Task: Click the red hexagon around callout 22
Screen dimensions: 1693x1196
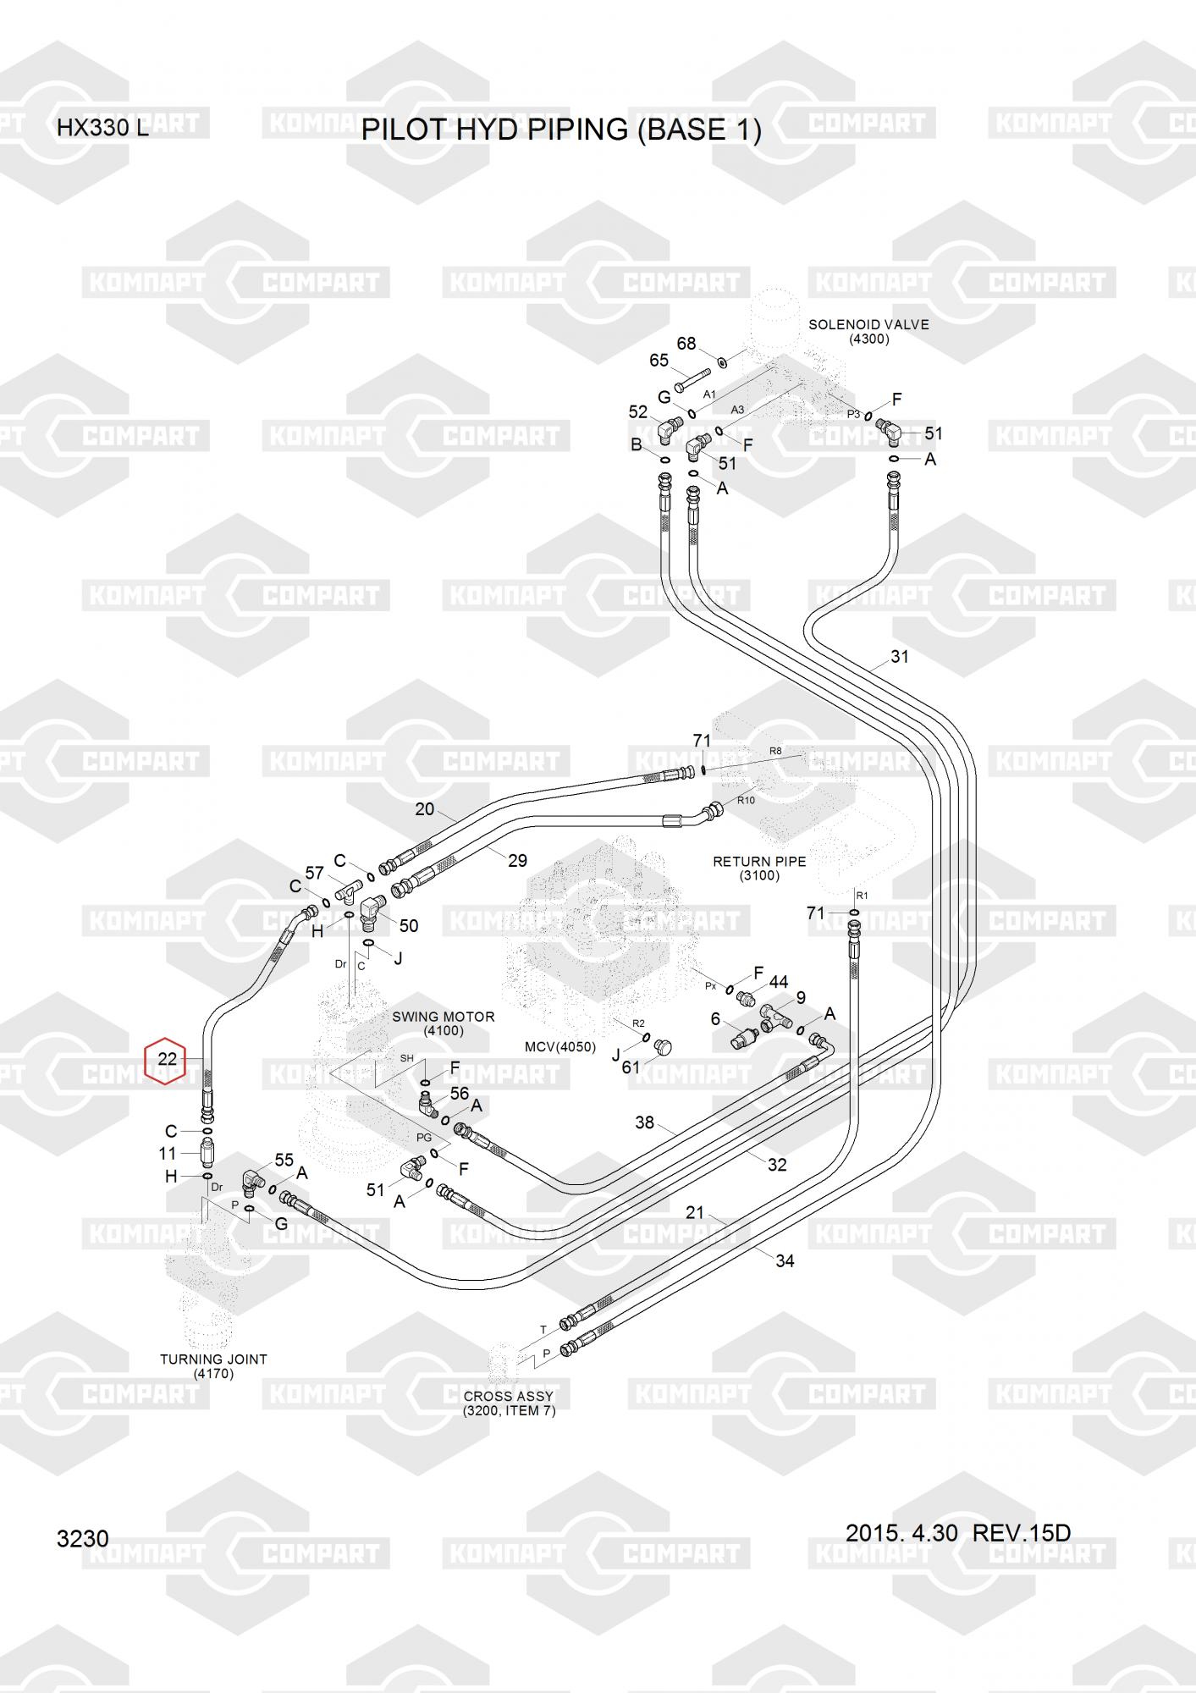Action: (x=167, y=1059)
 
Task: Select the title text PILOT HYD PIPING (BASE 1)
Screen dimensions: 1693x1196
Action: (x=561, y=130)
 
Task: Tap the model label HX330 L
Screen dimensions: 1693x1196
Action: (x=102, y=129)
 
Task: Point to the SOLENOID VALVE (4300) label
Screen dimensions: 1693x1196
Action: (x=868, y=332)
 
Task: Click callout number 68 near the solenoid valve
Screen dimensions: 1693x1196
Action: (x=686, y=344)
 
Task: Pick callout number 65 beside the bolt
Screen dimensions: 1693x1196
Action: (x=659, y=361)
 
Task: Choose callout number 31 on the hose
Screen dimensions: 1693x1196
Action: (x=899, y=656)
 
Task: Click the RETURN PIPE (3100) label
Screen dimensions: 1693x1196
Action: (x=759, y=869)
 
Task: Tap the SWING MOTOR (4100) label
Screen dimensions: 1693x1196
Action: (x=444, y=1023)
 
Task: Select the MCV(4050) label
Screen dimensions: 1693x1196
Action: (x=560, y=1047)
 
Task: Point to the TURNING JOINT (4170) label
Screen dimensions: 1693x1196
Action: (x=213, y=1366)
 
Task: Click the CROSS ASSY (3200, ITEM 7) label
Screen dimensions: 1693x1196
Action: (x=509, y=1403)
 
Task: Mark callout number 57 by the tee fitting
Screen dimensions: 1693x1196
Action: (x=315, y=873)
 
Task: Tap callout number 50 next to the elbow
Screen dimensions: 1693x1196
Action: (x=409, y=926)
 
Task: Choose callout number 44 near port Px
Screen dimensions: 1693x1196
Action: (x=778, y=982)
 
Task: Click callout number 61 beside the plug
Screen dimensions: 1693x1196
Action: (x=631, y=1067)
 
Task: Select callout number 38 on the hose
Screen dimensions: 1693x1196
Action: (x=645, y=1122)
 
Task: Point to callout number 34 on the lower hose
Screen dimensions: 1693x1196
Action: (x=785, y=1261)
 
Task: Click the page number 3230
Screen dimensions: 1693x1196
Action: (x=83, y=1538)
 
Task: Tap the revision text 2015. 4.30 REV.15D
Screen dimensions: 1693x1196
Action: (x=958, y=1533)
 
